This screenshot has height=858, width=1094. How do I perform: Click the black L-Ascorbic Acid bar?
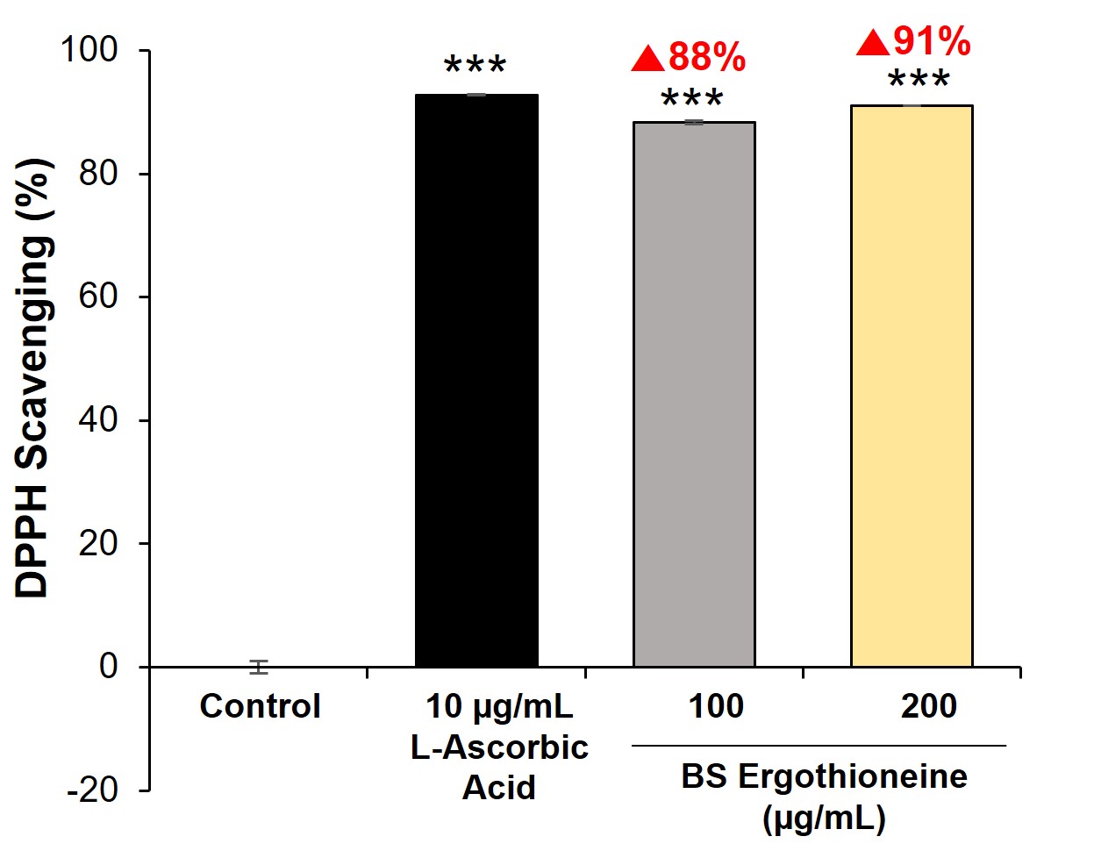click(x=476, y=381)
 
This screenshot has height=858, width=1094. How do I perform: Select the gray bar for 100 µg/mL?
click(x=694, y=394)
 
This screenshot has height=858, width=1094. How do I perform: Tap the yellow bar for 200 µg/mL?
click(x=912, y=386)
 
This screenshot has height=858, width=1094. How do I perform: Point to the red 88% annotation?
click(x=706, y=58)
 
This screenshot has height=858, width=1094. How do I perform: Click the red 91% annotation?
click(x=932, y=41)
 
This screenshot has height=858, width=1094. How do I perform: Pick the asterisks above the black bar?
click(x=475, y=68)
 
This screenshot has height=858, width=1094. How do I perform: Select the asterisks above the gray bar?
click(x=692, y=100)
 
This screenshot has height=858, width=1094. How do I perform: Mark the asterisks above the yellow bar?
click(x=919, y=82)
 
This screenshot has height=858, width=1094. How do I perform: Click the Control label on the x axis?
click(x=260, y=706)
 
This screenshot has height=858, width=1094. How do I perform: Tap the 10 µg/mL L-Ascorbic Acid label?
click(x=499, y=747)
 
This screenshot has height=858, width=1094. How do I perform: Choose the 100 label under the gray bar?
click(x=716, y=706)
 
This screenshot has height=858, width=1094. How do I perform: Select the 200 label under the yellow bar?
click(x=929, y=706)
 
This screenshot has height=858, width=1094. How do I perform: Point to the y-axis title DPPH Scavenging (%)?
click(x=34, y=379)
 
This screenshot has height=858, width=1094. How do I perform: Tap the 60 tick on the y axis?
click(x=97, y=297)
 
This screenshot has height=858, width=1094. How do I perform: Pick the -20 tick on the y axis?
click(x=93, y=790)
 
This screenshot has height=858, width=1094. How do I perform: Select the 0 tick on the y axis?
click(x=108, y=667)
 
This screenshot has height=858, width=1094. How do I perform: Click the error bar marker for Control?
click(x=258, y=667)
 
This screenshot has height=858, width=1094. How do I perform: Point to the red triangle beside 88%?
click(x=647, y=59)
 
